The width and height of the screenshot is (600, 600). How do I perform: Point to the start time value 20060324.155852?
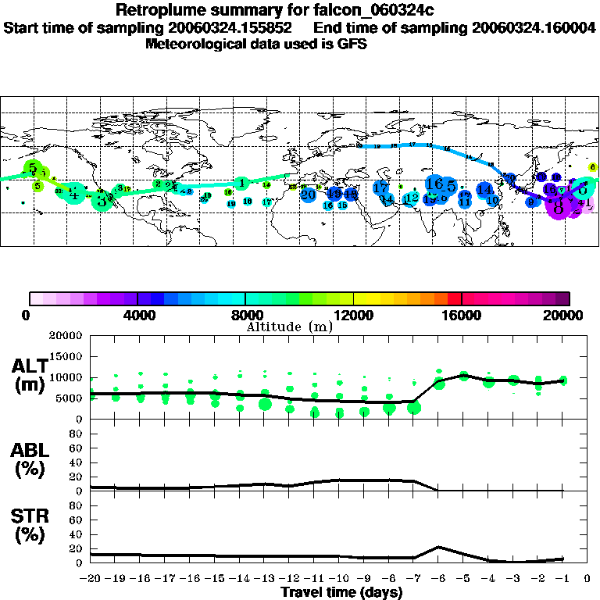(235, 27)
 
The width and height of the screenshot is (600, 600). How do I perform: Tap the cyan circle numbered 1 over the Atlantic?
(242, 184)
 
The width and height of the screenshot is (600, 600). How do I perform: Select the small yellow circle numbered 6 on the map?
(592, 167)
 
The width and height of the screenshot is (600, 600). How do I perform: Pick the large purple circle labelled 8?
(558, 207)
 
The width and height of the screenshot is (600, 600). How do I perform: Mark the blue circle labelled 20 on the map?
(309, 194)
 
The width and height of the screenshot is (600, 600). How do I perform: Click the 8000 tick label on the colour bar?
(245, 316)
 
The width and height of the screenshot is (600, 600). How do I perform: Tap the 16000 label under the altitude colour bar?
(462, 316)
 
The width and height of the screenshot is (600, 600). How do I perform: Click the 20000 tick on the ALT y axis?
(66, 336)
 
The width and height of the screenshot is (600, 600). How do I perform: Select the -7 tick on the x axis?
(414, 579)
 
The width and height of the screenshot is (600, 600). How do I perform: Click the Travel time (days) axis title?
(341, 592)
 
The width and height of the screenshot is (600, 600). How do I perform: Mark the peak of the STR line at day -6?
(439, 547)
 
